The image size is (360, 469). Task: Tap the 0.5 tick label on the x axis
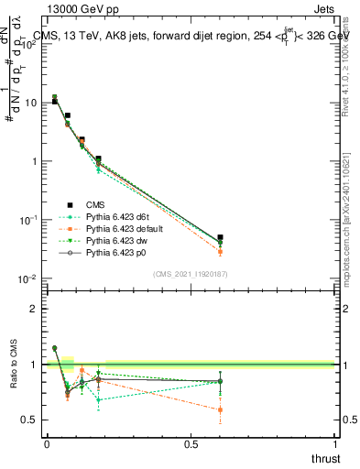pos(191,444)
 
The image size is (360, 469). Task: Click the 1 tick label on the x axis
pos(334,444)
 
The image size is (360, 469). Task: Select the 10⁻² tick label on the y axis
pos(31,278)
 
